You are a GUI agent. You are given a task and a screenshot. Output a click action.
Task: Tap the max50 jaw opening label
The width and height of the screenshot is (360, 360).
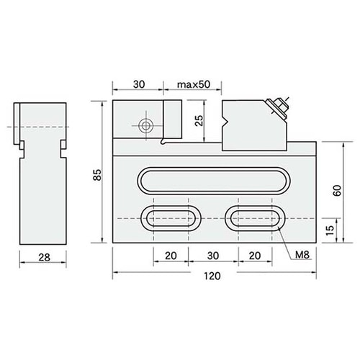click(x=194, y=84)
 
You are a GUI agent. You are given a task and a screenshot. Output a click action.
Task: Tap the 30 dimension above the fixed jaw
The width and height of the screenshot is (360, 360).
click(x=139, y=84)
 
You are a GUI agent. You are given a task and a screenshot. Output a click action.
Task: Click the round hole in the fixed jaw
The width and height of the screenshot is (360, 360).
click(x=146, y=125)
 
